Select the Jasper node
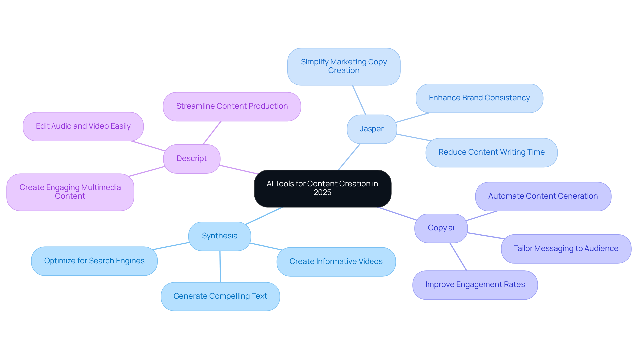(372, 129)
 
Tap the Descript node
(192, 159)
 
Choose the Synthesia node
(220, 236)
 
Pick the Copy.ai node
(441, 228)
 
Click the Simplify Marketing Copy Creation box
(344, 66)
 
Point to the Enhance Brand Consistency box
(479, 98)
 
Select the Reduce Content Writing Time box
(491, 152)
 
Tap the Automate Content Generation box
(543, 196)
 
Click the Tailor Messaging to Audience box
(566, 249)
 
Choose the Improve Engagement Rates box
(475, 285)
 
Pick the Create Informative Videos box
(336, 262)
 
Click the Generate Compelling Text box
(220, 296)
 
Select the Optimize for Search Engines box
(94, 261)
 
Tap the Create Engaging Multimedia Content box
(70, 192)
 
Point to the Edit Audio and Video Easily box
(83, 126)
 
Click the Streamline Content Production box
(232, 106)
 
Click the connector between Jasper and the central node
(349, 157)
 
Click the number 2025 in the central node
(322, 193)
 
